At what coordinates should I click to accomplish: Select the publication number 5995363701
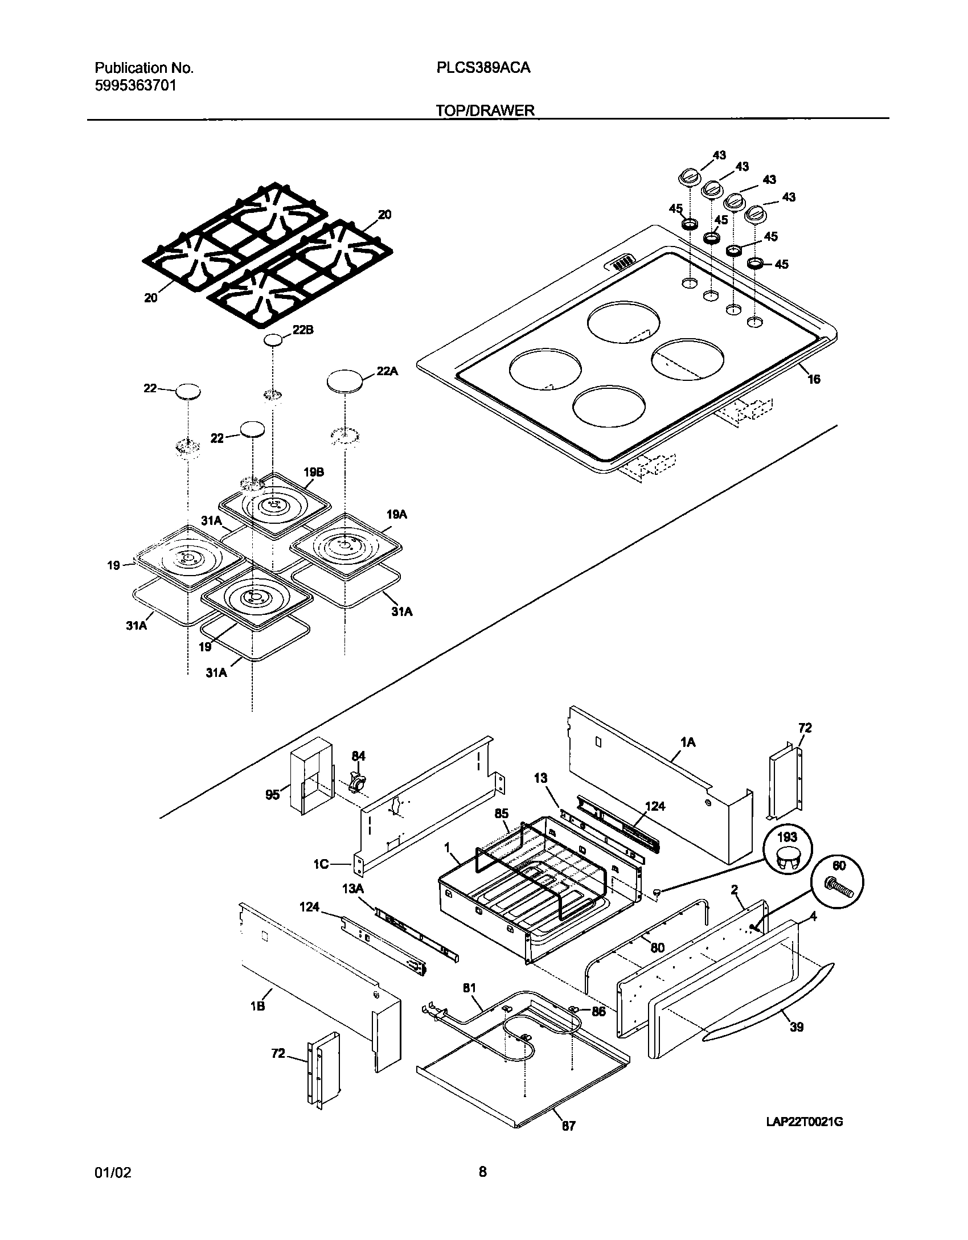tap(135, 86)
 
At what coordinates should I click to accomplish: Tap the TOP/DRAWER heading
tap(485, 110)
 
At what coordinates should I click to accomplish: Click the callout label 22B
tap(303, 330)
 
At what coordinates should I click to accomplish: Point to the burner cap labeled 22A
tap(345, 381)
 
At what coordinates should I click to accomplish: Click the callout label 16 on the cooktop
tap(814, 379)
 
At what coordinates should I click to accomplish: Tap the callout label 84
tap(358, 756)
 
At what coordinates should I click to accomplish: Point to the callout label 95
tap(273, 794)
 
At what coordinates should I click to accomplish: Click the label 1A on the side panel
tap(688, 742)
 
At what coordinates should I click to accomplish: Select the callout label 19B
tap(314, 473)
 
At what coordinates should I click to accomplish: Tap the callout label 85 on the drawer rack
tap(501, 814)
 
